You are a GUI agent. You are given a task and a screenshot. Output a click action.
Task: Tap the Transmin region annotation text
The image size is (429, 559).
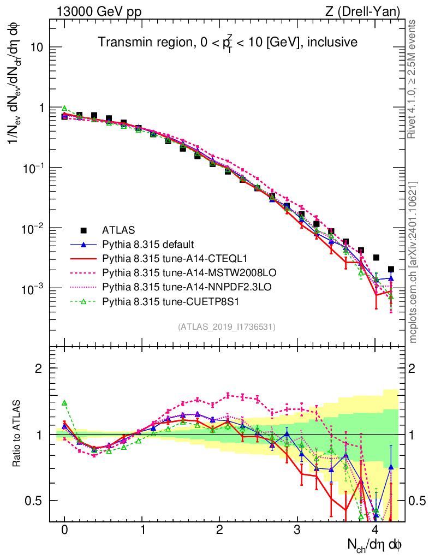227,42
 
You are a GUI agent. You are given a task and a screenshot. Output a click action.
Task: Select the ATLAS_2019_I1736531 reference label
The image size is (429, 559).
227,327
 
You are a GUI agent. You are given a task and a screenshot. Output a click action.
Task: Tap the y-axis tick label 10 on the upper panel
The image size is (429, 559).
36,47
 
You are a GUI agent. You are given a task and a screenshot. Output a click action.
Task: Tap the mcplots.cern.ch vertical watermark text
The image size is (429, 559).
413,263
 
